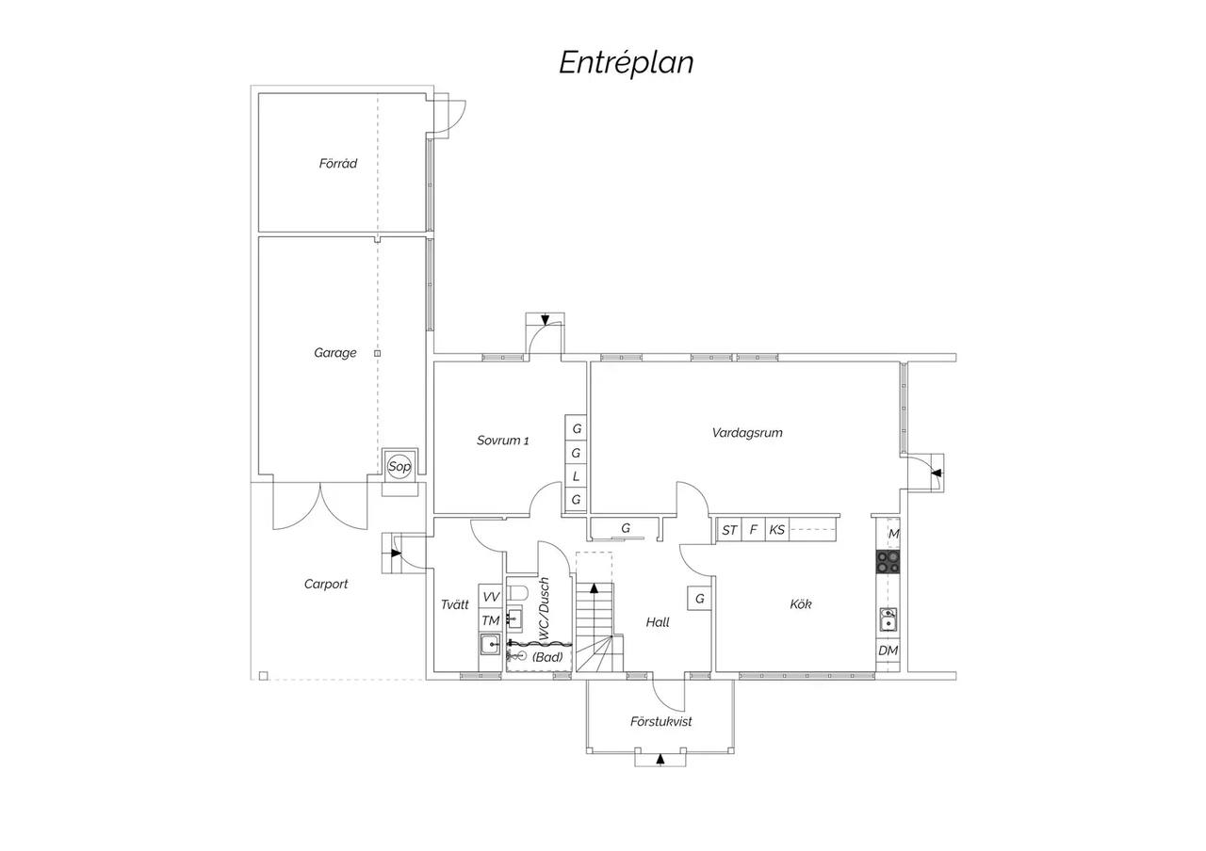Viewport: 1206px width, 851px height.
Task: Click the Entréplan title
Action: (627, 62)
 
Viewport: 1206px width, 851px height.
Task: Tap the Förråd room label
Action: (337, 163)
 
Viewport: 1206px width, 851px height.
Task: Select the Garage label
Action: (334, 353)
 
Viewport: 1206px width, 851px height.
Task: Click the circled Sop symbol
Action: (399, 466)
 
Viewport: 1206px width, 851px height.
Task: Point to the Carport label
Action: (326, 584)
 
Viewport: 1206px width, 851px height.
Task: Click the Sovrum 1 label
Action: (502, 441)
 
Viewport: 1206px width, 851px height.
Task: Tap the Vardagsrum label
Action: (747, 432)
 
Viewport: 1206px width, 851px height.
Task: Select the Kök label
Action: (801, 604)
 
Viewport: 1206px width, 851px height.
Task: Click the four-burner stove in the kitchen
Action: (888, 562)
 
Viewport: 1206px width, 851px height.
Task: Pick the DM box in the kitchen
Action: (888, 650)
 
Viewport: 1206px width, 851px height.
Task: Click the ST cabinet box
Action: (729, 530)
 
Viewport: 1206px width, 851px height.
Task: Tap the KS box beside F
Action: (777, 530)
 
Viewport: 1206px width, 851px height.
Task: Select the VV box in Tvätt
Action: (491, 597)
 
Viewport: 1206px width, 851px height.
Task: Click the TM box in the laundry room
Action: (491, 620)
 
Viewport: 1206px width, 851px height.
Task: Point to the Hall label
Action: (658, 622)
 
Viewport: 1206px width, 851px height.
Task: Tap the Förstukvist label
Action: (660, 721)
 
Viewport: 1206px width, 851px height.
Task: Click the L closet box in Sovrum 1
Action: (576, 476)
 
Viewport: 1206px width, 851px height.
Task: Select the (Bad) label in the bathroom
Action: (547, 657)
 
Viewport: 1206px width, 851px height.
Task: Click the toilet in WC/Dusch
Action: (518, 594)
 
